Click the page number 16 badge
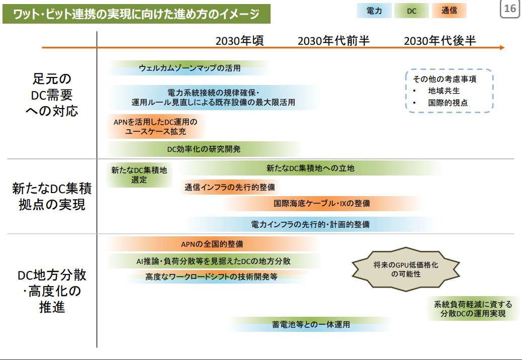510,9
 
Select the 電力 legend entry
374,11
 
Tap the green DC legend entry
411,11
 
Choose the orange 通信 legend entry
449,11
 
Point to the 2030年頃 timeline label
240,41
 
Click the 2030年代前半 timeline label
333,41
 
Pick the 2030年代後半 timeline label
440,41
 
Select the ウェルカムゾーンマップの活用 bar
189,68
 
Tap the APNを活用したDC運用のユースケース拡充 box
155,126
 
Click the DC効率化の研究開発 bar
204,149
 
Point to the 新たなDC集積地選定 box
139,175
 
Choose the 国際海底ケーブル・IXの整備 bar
321,203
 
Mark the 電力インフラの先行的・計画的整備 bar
310,224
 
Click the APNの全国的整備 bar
212,244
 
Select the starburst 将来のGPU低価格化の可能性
406,269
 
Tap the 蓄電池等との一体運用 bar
311,324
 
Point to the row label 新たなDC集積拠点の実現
52,196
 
